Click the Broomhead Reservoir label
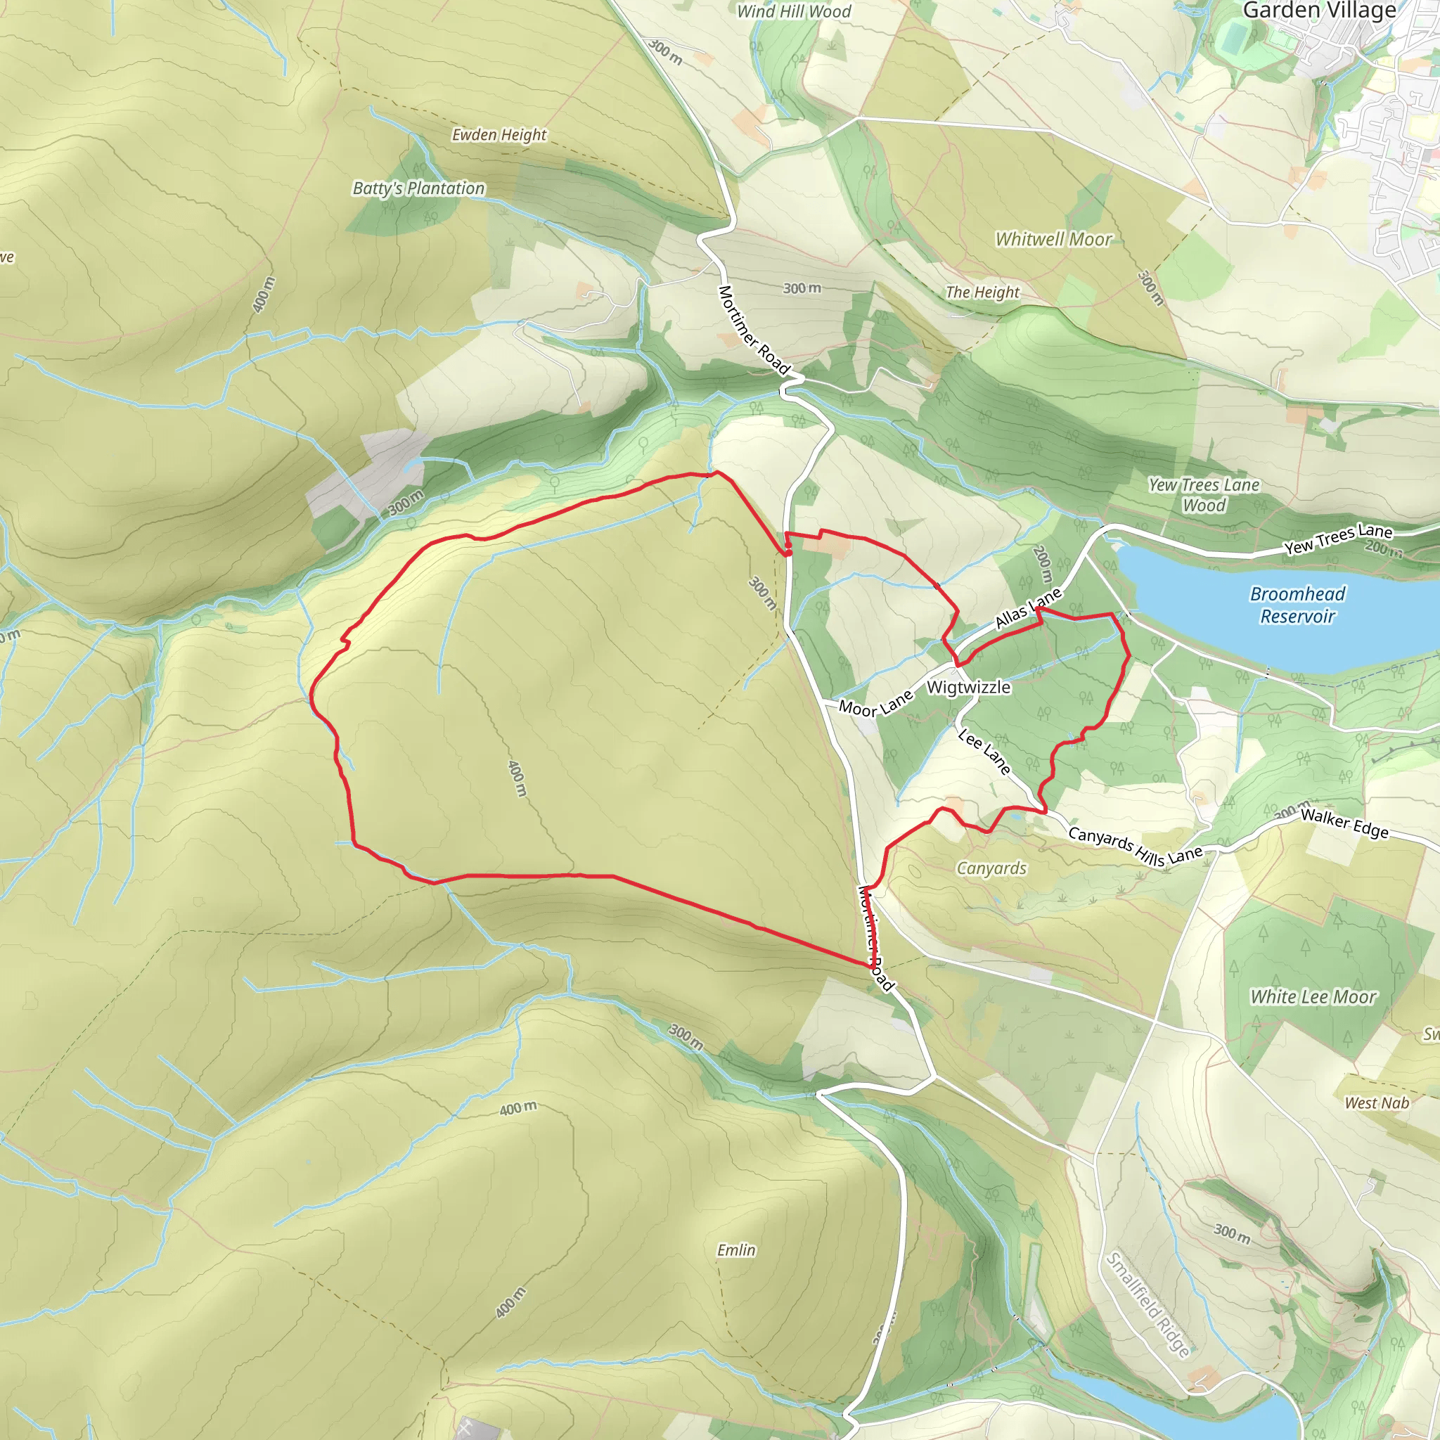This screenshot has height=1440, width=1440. pyautogui.click(x=1298, y=605)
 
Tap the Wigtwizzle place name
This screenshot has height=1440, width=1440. pyautogui.click(x=968, y=687)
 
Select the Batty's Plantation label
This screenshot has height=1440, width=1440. pyautogui.click(x=418, y=188)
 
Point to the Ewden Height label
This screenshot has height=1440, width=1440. pyautogui.click(x=499, y=135)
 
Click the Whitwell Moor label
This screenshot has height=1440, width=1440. pyautogui.click(x=1053, y=239)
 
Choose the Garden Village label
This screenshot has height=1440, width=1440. pyautogui.click(x=1319, y=11)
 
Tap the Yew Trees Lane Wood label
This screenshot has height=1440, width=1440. pyautogui.click(x=1204, y=495)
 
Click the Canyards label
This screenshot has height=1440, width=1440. pyautogui.click(x=991, y=868)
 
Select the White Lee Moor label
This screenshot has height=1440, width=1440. pyautogui.click(x=1313, y=996)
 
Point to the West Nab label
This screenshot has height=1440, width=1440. pyautogui.click(x=1377, y=1103)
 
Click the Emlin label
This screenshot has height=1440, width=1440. pyautogui.click(x=736, y=1250)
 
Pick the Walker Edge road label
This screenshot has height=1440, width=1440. pyautogui.click(x=1344, y=824)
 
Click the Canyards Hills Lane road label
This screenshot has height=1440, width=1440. pyautogui.click(x=1135, y=845)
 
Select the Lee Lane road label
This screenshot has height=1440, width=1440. pyautogui.click(x=984, y=752)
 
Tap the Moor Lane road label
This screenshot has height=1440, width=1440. pyautogui.click(x=876, y=703)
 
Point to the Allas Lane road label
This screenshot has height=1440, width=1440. pyautogui.click(x=1028, y=608)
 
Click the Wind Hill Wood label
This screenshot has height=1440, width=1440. pyautogui.click(x=794, y=11)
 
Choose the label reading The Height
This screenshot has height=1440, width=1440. pyautogui.click(x=982, y=292)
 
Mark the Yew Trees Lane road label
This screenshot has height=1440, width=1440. pyautogui.click(x=1338, y=538)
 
